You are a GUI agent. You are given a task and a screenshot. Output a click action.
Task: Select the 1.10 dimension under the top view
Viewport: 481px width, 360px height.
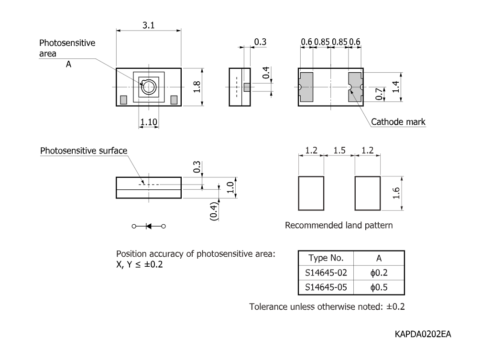(x=148, y=122)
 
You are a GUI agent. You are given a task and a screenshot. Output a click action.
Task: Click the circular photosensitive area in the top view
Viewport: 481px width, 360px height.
(x=149, y=87)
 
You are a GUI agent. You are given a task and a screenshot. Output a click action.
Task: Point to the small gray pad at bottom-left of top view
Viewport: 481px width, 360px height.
(x=123, y=99)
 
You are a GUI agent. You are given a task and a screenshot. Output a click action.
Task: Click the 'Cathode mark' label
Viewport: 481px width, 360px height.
(x=398, y=122)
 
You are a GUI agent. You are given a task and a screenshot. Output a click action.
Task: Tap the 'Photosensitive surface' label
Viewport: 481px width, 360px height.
(x=84, y=151)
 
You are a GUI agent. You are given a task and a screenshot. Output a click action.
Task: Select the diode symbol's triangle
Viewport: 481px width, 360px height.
(x=149, y=226)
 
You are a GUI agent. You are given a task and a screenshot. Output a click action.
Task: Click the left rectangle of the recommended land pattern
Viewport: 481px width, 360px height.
(x=311, y=193)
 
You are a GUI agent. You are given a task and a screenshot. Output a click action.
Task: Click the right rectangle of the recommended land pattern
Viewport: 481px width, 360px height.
(x=368, y=193)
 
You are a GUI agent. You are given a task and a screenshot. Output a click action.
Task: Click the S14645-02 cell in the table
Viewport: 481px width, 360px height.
(x=326, y=273)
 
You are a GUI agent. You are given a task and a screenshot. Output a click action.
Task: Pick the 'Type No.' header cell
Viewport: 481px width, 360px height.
(x=326, y=258)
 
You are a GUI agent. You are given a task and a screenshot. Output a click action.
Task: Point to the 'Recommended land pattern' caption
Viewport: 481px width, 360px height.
(x=339, y=225)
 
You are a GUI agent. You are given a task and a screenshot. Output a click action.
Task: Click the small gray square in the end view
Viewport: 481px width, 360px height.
(x=247, y=87)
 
